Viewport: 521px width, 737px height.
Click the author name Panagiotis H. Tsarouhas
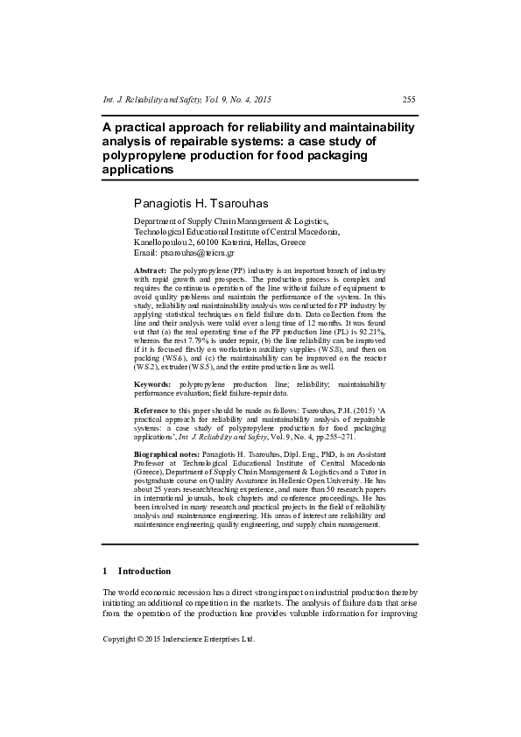point(202,203)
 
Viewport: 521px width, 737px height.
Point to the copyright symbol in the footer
point(140,639)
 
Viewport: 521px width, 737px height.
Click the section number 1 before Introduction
point(105,571)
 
